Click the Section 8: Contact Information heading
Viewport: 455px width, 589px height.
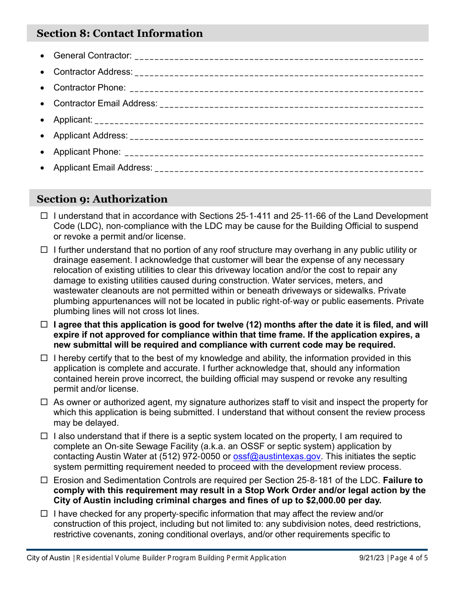pyautogui.click(x=120, y=34)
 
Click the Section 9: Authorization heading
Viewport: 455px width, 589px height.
pyautogui.click(x=102, y=199)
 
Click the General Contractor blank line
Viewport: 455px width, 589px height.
pyautogui.click(x=279, y=57)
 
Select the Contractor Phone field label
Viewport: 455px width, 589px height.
pyautogui.click(x=90, y=88)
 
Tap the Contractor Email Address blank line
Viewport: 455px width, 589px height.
pyautogui.click(x=291, y=104)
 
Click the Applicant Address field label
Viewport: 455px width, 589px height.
pyautogui.click(x=91, y=136)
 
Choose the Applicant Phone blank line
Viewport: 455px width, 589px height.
pyautogui.click(x=273, y=152)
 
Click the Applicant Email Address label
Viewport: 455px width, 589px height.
pyautogui.click(x=103, y=168)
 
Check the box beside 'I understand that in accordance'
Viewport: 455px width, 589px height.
pyautogui.click(x=44, y=216)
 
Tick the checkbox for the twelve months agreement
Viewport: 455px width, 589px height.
pyautogui.click(x=44, y=325)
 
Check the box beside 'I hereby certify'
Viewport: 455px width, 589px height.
pyautogui.click(x=44, y=358)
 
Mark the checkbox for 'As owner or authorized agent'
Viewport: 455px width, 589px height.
pyautogui.click(x=44, y=402)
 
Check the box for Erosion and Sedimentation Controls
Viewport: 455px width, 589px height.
pyautogui.click(x=44, y=480)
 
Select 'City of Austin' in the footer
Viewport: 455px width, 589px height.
pyautogui.click(x=48, y=558)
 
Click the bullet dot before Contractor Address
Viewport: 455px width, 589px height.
pyautogui.click(x=43, y=72)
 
